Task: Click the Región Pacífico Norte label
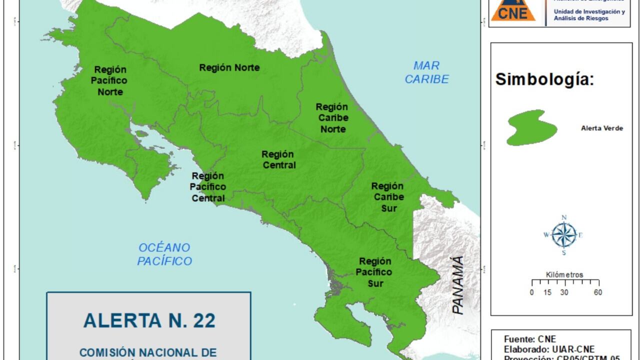(110, 80)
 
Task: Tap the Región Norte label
(229, 67)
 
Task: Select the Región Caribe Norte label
(332, 118)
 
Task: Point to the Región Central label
(278, 159)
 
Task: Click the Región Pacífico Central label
(208, 187)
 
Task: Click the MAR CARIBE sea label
(426, 72)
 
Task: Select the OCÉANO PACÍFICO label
(164, 254)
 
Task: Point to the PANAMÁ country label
(457, 285)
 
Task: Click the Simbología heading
(544, 79)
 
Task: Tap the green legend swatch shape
(531, 127)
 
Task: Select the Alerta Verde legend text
(602, 128)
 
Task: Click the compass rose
(564, 235)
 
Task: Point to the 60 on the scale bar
(597, 293)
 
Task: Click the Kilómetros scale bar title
(564, 274)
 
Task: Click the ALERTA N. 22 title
(149, 320)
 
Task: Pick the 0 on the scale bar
(531, 293)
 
